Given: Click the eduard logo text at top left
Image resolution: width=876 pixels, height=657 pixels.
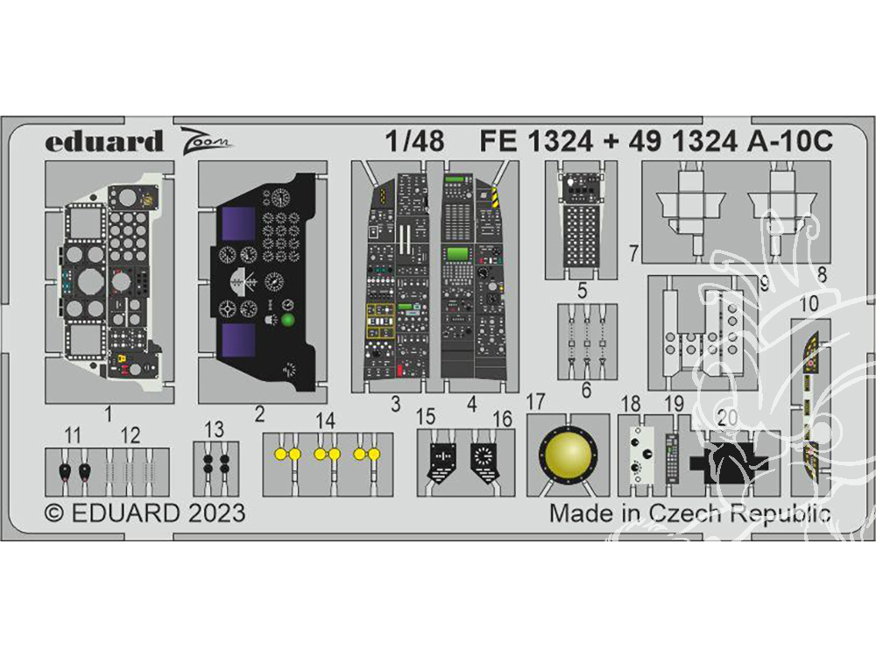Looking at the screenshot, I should (x=104, y=141).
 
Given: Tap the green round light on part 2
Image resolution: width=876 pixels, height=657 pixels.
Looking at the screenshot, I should (x=288, y=319).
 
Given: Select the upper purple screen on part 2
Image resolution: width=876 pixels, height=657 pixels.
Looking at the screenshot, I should (x=239, y=224).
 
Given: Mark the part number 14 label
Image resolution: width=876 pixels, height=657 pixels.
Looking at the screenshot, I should (x=326, y=419).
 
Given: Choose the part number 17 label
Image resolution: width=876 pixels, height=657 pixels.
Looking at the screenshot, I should (x=536, y=402).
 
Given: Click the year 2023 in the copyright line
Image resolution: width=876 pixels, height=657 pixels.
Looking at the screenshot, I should (x=215, y=512).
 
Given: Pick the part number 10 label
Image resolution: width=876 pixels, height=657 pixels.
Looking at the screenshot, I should (x=809, y=303).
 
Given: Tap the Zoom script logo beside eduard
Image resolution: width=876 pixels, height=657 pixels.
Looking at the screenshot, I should (x=207, y=139).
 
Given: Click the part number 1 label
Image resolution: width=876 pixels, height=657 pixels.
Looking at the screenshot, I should (x=108, y=413).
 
